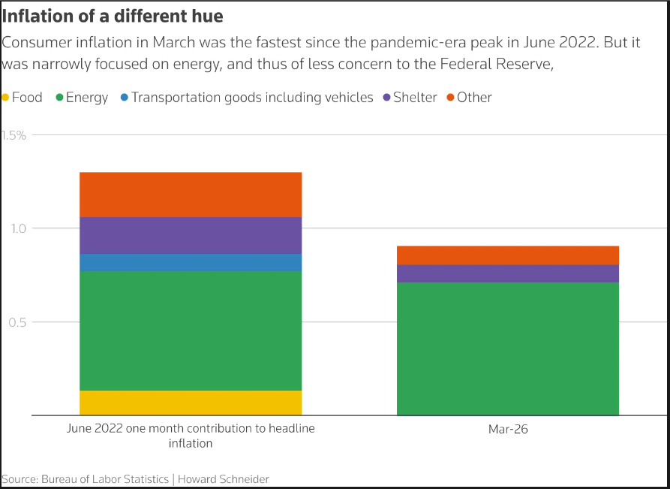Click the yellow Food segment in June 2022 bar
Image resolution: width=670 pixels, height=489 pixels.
click(191, 403)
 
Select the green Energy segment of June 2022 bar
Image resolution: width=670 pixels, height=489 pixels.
click(191, 331)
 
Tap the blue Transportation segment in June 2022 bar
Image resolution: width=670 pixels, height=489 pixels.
click(191, 262)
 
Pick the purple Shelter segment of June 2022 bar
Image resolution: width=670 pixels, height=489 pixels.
click(191, 235)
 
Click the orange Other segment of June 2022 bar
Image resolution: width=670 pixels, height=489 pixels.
click(191, 195)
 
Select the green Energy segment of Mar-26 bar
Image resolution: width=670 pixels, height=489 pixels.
click(507, 349)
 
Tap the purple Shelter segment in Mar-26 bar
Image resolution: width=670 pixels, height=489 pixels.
click(507, 273)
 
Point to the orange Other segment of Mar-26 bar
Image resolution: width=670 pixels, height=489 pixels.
click(507, 255)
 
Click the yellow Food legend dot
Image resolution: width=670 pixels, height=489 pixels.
click(6, 98)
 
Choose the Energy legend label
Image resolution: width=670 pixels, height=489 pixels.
click(87, 98)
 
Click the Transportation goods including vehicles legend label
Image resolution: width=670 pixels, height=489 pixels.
click(252, 98)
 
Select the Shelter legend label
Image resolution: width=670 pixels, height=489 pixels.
click(415, 98)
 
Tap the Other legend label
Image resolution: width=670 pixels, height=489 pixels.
click(474, 98)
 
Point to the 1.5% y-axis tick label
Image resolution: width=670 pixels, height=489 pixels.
click(14, 135)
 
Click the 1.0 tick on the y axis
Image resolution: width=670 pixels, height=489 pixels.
click(17, 228)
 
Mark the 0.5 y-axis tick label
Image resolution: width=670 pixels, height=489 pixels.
click(17, 322)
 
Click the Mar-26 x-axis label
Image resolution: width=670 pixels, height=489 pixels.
click(507, 430)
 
